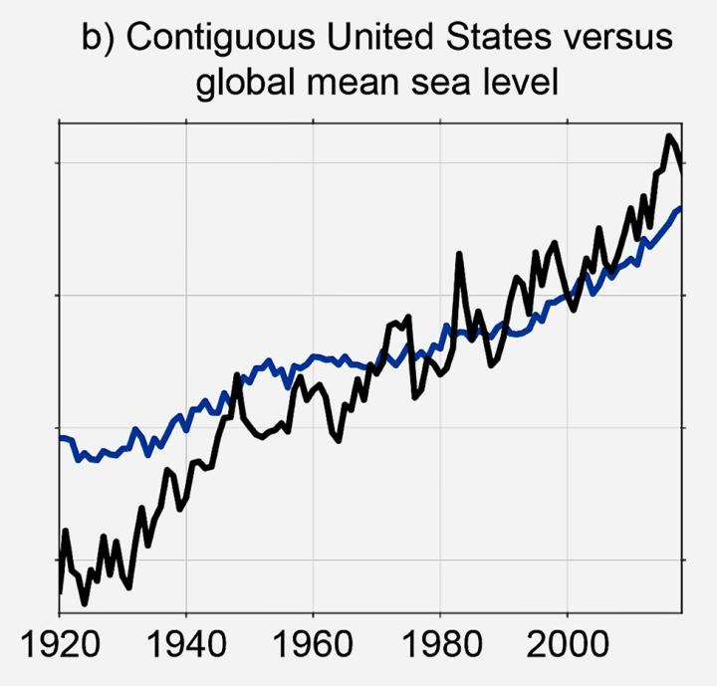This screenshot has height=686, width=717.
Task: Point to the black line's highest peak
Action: point(669,135)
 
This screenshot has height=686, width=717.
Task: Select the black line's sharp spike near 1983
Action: point(460,255)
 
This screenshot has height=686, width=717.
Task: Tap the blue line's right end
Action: point(680,208)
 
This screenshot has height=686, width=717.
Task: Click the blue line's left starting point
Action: point(61,438)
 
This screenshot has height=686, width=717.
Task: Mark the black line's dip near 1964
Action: point(340,440)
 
